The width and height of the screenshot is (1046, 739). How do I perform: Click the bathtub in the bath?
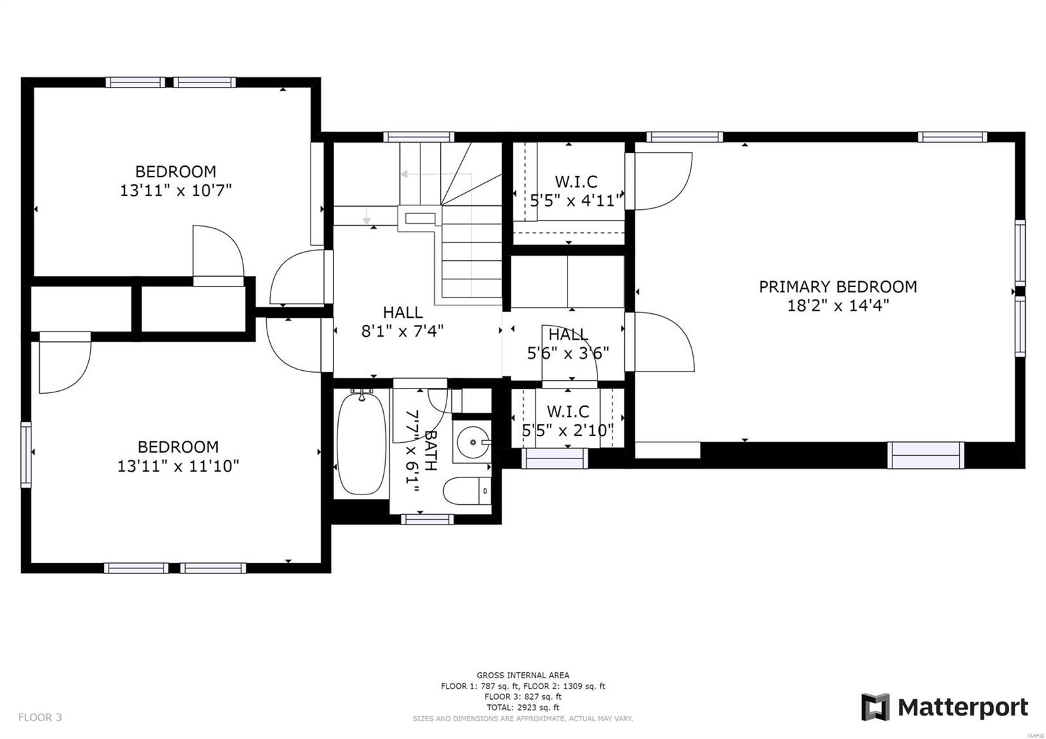(x=361, y=443)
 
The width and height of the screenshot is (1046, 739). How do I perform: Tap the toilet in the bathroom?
(x=466, y=491)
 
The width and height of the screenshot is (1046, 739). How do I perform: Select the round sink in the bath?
(x=472, y=443)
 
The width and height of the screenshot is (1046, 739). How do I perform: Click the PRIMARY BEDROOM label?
(x=837, y=286)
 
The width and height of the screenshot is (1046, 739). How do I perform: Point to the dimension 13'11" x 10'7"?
(x=176, y=191)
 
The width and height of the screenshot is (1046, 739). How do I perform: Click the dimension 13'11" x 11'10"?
(x=178, y=466)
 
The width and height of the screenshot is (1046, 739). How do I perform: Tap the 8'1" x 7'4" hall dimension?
(x=402, y=332)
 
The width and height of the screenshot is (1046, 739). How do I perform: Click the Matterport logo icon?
(x=875, y=707)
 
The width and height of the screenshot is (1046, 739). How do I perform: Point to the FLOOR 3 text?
(x=40, y=717)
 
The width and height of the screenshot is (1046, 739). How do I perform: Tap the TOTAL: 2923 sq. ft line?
(x=522, y=708)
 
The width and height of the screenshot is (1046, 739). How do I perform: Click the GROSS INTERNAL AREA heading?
(x=522, y=675)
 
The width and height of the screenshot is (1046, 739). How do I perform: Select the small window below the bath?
(x=427, y=519)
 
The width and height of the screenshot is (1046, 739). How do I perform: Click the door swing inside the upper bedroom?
(x=219, y=252)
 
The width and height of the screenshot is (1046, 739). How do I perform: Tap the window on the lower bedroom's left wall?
(x=26, y=454)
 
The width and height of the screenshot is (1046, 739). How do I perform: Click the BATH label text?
(x=430, y=451)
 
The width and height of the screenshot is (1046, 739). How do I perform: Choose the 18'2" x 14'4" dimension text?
(x=837, y=306)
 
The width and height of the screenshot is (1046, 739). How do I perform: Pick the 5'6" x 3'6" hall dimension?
(x=567, y=354)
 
